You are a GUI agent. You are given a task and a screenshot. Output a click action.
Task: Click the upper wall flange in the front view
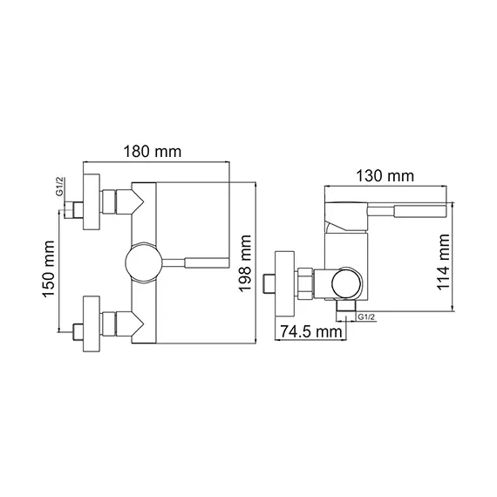tap(91, 201)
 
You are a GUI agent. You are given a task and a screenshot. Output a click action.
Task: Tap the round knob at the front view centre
tap(142, 261)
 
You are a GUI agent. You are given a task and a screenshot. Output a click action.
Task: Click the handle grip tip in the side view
tap(422, 210)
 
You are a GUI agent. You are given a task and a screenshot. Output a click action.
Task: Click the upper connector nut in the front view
tap(112, 201)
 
